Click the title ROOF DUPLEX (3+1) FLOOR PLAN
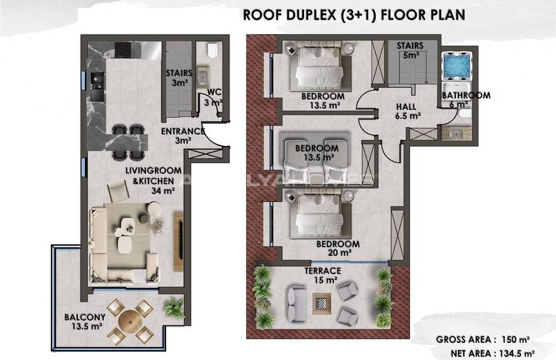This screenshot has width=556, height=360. (354, 14)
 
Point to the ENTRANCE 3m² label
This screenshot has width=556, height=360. (182, 135)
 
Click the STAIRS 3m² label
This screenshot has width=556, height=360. (177, 78)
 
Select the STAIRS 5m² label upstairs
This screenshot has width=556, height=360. (410, 50)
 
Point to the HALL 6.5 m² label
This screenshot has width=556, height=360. (408, 111)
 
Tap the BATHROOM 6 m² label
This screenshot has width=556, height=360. (466, 99)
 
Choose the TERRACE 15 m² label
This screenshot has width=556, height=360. (322, 275)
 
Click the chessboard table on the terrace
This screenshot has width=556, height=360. (322, 302)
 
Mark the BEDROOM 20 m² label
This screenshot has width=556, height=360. (334, 247)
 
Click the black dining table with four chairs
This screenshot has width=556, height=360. (126, 139)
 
